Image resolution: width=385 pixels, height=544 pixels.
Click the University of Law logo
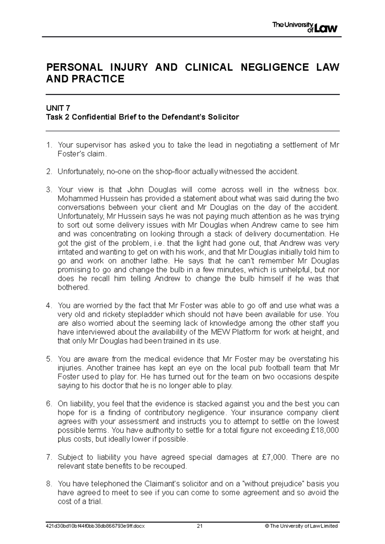[x=304, y=27]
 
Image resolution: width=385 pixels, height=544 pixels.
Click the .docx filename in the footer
[x=96, y=526]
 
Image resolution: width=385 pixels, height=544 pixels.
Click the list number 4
[x=48, y=305]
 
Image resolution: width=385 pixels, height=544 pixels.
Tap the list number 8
[x=48, y=484]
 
